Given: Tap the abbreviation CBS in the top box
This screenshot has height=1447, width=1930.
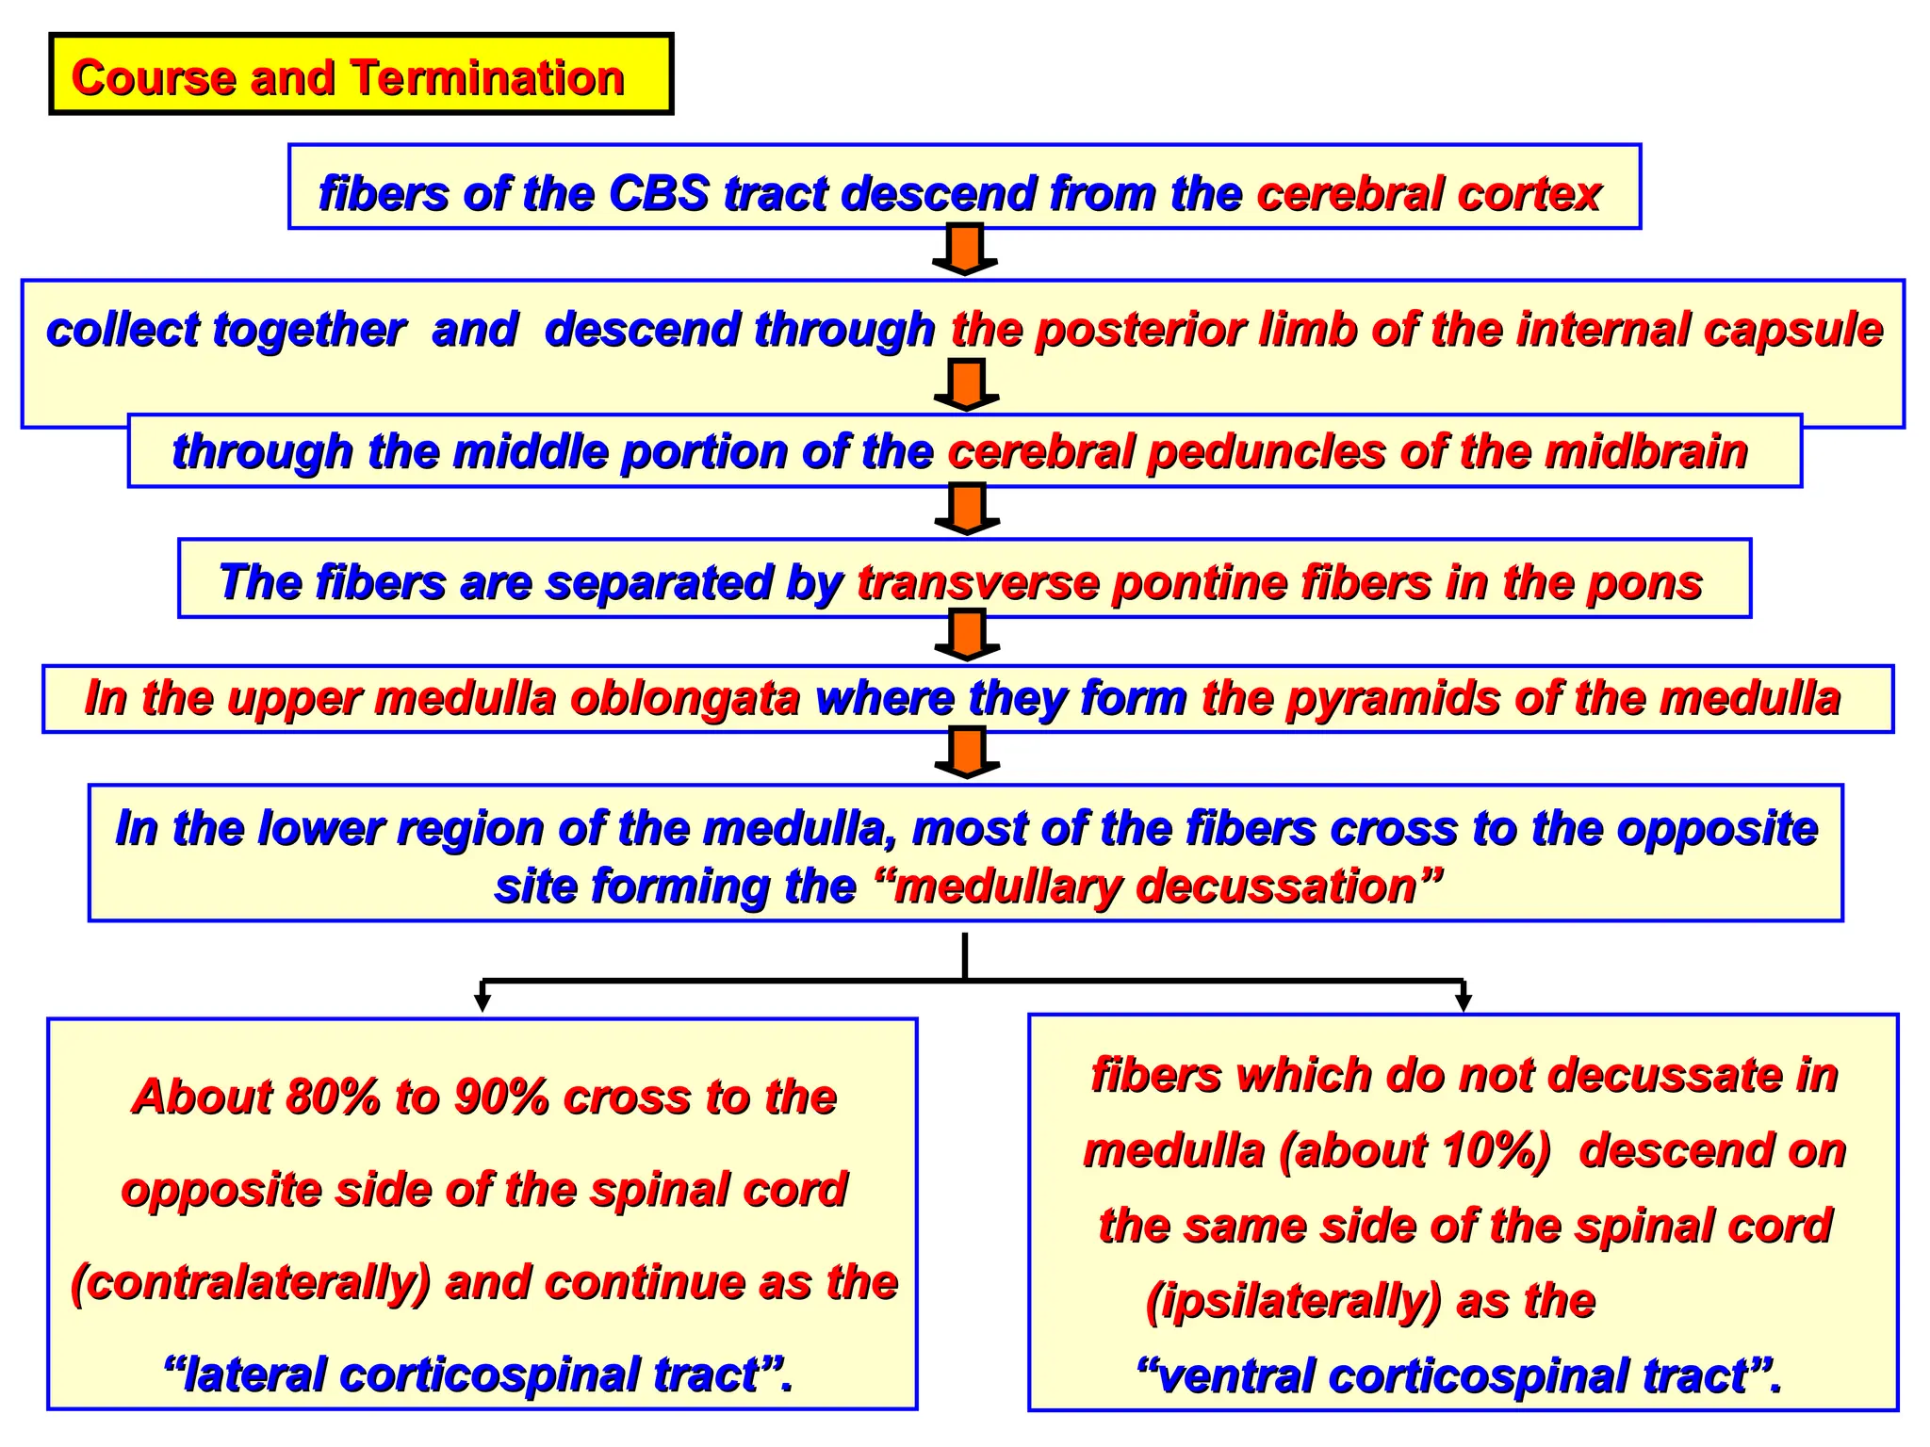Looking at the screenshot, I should (658, 194).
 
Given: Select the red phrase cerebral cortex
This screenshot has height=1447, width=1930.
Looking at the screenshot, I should (1429, 194).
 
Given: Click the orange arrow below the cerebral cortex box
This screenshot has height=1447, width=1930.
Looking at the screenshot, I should (965, 249).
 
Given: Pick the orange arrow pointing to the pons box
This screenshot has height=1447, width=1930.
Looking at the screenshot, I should (966, 509).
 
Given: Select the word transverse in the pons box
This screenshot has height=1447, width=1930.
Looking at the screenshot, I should (977, 582).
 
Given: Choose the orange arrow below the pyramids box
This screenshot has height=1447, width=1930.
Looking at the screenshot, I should (966, 753).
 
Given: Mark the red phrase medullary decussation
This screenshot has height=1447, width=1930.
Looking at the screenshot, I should (1155, 886).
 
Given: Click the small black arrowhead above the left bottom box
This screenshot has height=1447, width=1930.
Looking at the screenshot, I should (482, 1001).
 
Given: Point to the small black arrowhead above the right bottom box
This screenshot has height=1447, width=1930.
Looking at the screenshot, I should (1463, 1001).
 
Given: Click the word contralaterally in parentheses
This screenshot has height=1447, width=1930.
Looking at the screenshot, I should (251, 1283).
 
